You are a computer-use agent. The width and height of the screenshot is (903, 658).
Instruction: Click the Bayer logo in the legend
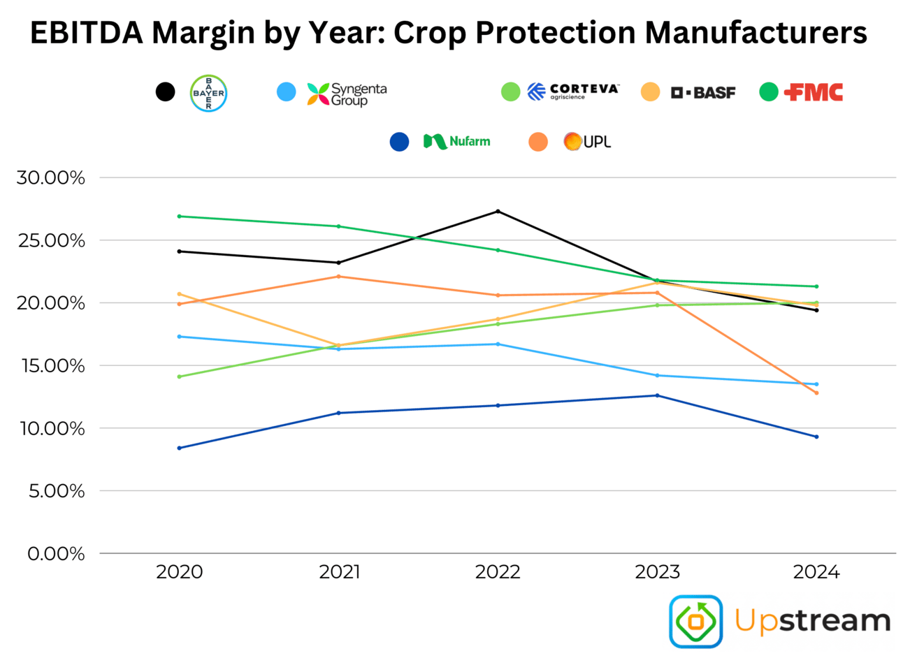click(x=208, y=93)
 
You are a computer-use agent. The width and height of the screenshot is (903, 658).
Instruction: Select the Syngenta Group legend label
click(x=347, y=94)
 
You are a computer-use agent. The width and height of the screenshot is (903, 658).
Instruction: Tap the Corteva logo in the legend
click(x=572, y=92)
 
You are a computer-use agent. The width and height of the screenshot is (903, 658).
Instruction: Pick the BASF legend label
click(x=702, y=92)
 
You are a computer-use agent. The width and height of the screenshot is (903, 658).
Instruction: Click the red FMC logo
click(x=814, y=92)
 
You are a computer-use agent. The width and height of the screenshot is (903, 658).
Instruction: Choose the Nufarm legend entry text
click(x=457, y=142)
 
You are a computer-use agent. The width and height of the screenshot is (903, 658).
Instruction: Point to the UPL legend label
click(x=588, y=142)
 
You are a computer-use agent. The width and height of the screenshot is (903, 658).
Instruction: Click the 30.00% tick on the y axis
click(x=51, y=178)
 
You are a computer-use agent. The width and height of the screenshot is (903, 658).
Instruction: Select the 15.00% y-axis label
click(x=51, y=366)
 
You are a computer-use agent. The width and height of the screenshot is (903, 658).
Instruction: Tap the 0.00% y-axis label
click(x=56, y=554)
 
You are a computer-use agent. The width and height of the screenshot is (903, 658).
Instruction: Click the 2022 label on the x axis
click(x=498, y=573)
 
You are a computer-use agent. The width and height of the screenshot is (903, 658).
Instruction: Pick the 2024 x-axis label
click(x=816, y=573)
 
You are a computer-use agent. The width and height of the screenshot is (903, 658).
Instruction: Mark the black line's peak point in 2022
click(x=498, y=211)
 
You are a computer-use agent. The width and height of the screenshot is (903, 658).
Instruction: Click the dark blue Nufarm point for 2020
click(x=180, y=448)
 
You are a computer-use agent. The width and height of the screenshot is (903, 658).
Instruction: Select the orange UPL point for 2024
click(x=816, y=393)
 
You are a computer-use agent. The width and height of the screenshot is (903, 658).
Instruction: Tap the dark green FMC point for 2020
click(x=180, y=217)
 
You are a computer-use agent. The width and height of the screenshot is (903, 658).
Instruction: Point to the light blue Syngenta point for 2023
click(x=657, y=376)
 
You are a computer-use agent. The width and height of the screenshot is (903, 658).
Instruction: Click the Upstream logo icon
click(x=695, y=621)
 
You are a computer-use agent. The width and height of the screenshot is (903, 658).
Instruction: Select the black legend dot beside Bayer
click(x=165, y=92)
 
